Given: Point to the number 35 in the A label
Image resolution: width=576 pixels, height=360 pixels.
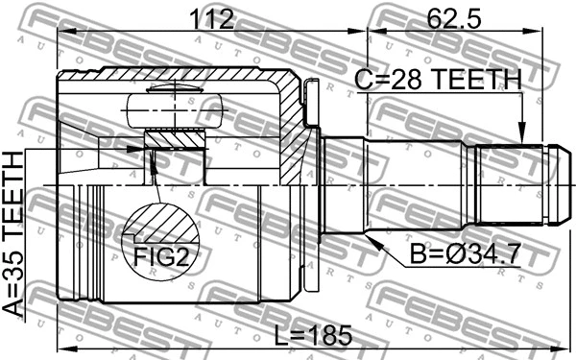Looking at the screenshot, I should coord(17,259).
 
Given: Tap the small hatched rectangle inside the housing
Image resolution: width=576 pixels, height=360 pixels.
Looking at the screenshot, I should coord(175,140).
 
